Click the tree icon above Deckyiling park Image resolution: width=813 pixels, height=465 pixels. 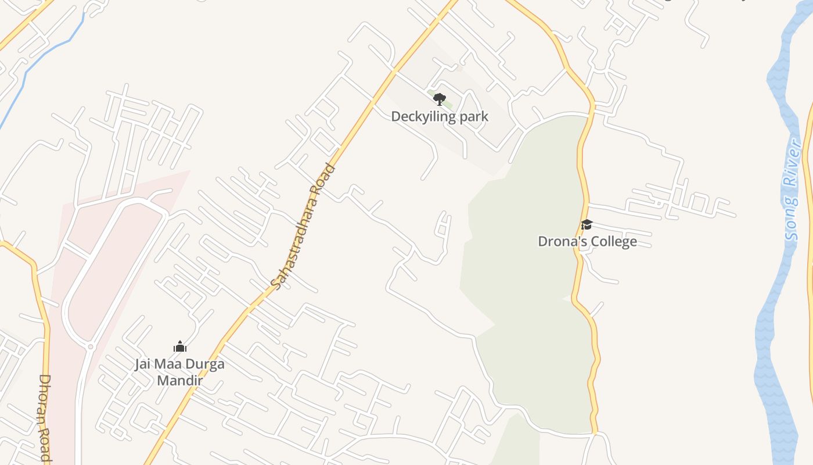440,99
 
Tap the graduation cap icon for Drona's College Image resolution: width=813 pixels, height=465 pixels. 587,225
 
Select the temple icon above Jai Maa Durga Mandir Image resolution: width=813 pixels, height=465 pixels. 180,347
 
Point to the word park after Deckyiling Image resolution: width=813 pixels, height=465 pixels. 474,117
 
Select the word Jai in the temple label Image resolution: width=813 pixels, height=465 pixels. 143,364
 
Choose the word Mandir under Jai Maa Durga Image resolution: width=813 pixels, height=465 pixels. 180,381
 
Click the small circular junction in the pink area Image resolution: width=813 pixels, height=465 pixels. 90,346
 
